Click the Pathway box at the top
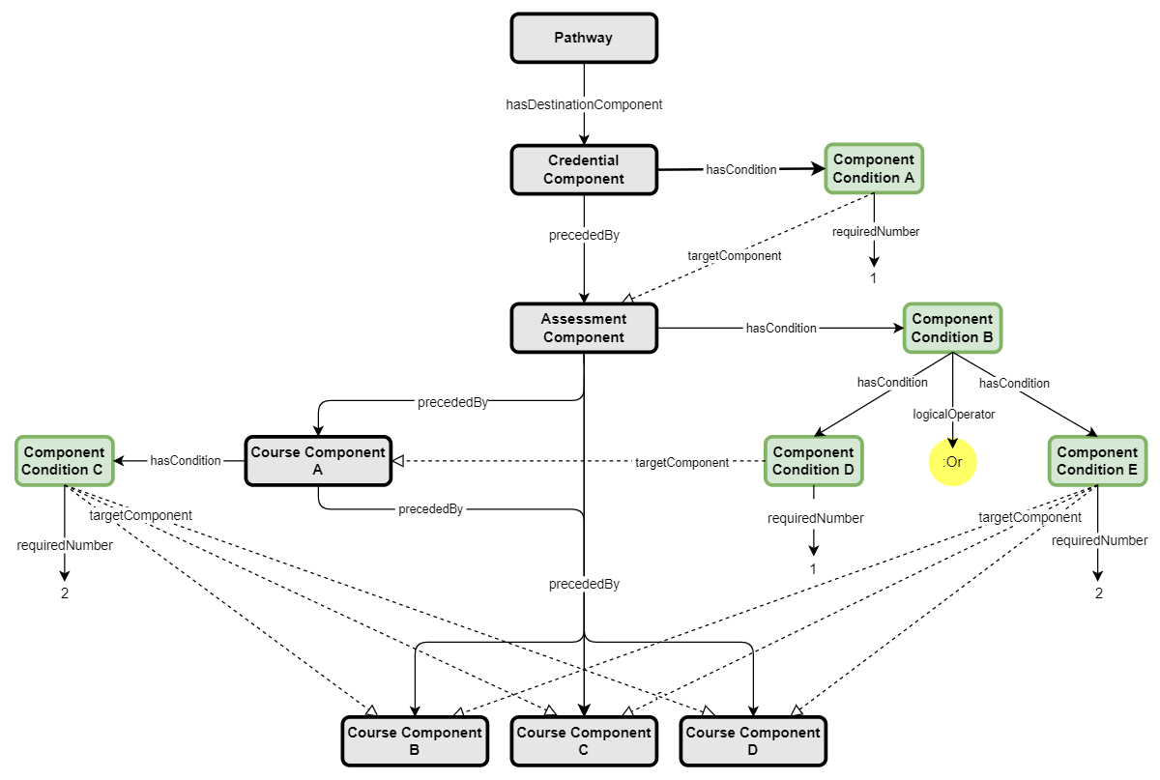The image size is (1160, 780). (584, 38)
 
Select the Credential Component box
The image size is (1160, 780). (584, 169)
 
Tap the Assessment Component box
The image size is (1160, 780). (584, 328)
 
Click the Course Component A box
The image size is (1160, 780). (318, 460)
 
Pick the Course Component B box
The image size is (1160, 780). (415, 741)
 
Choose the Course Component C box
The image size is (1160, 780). (584, 741)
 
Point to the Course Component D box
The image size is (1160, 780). (753, 741)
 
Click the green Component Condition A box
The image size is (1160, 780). (874, 168)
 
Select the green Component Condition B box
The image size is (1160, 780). (952, 328)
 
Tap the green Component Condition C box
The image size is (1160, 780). (65, 460)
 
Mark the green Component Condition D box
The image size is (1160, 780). (813, 460)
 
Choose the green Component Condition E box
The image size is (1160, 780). (1097, 460)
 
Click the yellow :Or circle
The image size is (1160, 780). (953, 462)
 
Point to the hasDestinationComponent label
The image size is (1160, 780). (584, 103)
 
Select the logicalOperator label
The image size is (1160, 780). (953, 414)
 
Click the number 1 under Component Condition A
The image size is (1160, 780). (874, 278)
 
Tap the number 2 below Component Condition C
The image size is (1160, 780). (65, 592)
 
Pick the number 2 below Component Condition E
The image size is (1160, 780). (1098, 592)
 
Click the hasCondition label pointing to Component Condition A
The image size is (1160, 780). (741, 169)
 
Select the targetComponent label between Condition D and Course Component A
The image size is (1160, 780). (681, 463)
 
